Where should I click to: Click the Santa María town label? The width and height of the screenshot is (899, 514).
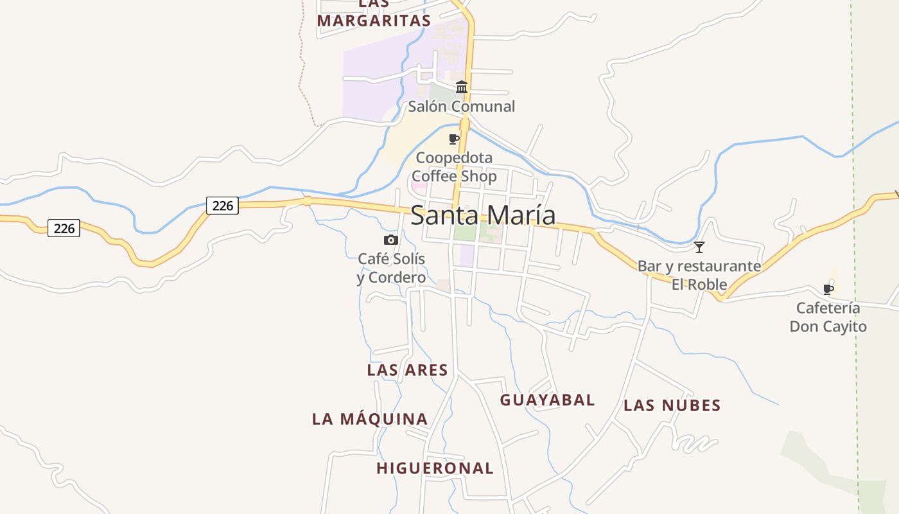[483, 215]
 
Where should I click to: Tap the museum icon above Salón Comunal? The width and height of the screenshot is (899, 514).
[462, 87]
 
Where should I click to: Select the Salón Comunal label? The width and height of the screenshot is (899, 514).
[462, 107]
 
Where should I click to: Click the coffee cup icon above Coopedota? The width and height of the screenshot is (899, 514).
[454, 139]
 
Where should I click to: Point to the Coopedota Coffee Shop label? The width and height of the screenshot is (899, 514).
[454, 167]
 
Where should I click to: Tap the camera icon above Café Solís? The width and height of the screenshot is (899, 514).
[390, 240]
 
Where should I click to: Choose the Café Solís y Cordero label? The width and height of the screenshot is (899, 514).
[392, 268]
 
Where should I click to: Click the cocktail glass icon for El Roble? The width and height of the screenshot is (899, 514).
[699, 247]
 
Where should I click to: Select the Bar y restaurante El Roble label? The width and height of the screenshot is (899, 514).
[699, 275]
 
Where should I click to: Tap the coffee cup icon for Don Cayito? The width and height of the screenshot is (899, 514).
[828, 289]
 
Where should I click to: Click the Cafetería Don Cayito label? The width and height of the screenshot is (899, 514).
[828, 317]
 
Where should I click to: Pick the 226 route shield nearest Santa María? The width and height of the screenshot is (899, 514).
[222, 206]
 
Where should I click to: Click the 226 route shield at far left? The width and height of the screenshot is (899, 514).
[64, 228]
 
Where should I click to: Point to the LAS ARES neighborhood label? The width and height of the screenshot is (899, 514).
[407, 370]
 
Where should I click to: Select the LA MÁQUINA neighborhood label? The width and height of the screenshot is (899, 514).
[370, 419]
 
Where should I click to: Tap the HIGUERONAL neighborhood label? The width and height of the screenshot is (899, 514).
[435, 468]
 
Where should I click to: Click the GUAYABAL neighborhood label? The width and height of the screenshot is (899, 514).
[547, 400]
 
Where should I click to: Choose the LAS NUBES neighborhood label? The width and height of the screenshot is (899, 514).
[672, 405]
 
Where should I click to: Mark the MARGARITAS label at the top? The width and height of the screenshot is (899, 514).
[374, 21]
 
